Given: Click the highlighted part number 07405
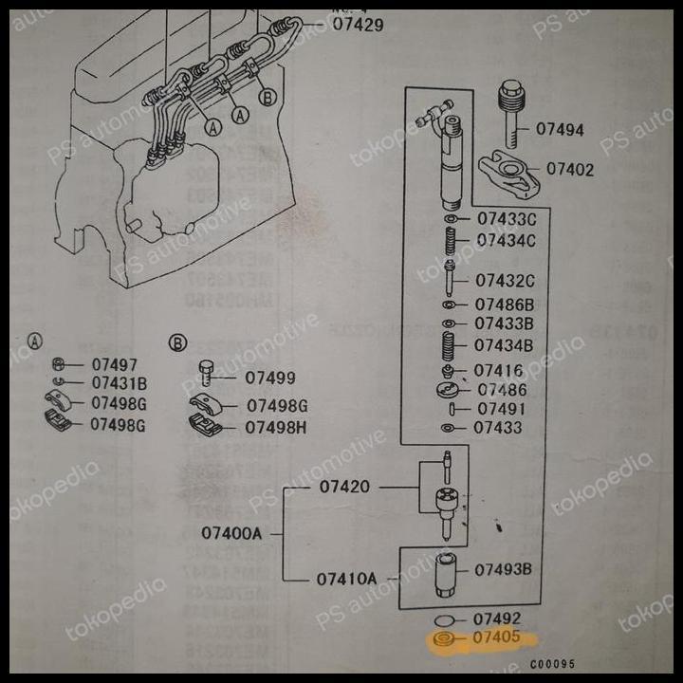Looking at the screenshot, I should tap(496, 638).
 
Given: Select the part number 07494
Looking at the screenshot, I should tap(560, 130).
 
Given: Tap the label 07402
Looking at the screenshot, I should tap(570, 170).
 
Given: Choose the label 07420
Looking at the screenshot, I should tap(344, 487).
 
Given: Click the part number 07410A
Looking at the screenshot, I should tap(346, 578).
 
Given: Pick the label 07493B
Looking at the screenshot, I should tap(503, 570).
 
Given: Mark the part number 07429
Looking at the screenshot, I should tap(358, 25).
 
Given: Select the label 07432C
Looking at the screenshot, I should tap(505, 281).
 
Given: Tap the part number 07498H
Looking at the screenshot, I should tap(276, 427).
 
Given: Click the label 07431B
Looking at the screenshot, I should tap(120, 383).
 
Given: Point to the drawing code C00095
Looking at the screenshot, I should tap(552, 665).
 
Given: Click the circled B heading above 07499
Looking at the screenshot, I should tap(177, 342).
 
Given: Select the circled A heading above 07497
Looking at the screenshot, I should tap(35, 341).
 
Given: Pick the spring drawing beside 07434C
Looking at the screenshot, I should tap(452, 241).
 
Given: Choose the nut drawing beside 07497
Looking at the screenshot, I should tap(58, 364).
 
